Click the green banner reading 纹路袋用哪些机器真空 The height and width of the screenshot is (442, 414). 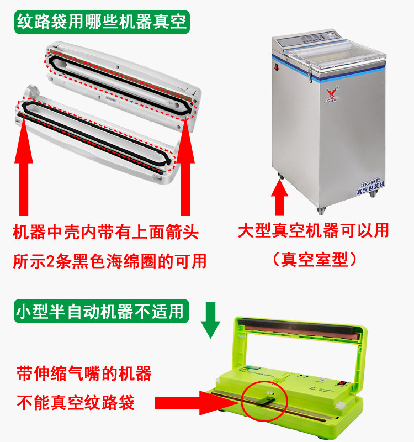tap(102, 22)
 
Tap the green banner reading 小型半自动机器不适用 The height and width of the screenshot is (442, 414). tap(102, 311)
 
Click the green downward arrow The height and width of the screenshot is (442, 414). tap(210, 320)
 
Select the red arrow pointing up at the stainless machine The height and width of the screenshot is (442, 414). tap(279, 197)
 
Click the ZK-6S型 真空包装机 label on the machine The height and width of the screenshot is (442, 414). tap(370, 186)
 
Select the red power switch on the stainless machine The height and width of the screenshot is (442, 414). tap(276, 67)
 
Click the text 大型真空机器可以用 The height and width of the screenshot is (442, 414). tap(313, 230)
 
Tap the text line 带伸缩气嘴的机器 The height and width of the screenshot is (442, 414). tap(84, 374)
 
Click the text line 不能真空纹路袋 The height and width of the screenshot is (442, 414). tap(76, 403)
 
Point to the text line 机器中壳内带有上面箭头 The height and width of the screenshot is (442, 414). tap(105, 232)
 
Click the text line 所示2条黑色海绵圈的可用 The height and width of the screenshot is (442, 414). tap(110, 261)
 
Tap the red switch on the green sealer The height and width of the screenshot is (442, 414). tap(342, 383)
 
